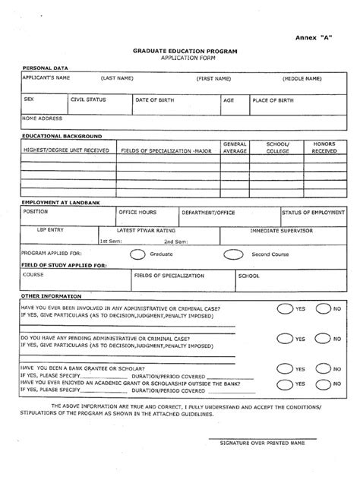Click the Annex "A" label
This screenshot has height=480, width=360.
click(x=310, y=36)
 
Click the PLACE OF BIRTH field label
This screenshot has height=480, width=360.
click(x=273, y=99)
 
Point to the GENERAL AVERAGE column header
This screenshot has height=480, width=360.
click(x=234, y=147)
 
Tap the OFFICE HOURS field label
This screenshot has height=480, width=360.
click(x=137, y=212)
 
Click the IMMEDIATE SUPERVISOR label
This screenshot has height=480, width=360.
click(x=282, y=229)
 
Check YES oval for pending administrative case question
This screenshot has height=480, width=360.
click(x=283, y=339)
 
